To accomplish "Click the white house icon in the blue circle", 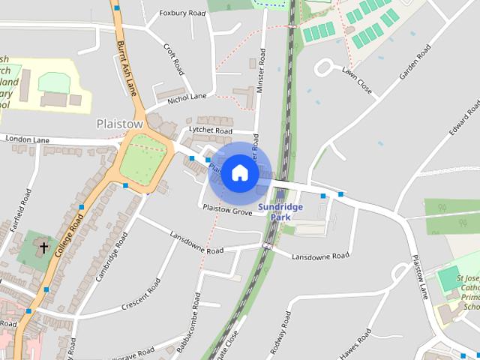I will click(240, 172).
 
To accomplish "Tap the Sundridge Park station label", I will click(280, 211).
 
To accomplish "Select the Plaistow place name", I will click(120, 123).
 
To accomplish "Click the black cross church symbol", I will click(43, 247).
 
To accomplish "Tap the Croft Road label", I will click(174, 58).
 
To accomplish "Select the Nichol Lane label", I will click(187, 97).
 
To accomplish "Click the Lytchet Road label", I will click(211, 130).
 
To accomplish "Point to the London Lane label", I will click(27, 139).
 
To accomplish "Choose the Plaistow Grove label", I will click(227, 211).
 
